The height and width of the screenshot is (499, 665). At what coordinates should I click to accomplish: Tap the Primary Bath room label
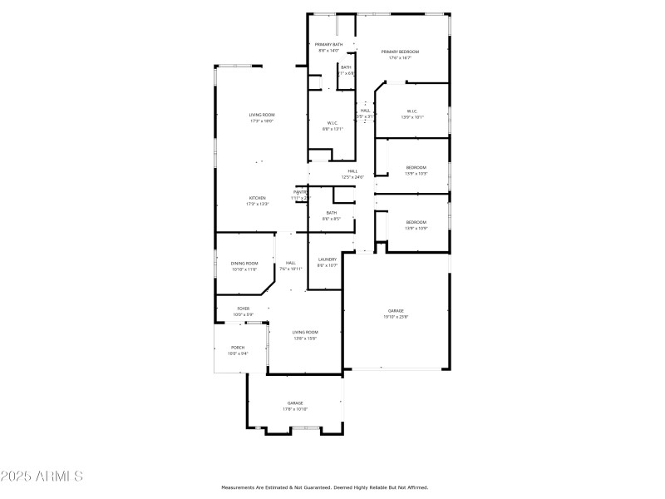point(328,44)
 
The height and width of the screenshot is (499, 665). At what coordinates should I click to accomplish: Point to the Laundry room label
point(328,259)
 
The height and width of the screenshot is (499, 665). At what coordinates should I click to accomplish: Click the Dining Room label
point(244,263)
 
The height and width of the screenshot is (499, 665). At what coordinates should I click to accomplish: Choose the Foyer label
point(244,308)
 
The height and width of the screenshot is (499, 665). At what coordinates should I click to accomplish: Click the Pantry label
point(300,192)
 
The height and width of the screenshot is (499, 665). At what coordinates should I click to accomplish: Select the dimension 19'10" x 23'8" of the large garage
point(396,317)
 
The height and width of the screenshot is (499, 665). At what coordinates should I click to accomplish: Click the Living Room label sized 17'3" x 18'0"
point(262,115)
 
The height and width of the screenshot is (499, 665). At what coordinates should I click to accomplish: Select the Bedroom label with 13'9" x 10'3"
point(416,167)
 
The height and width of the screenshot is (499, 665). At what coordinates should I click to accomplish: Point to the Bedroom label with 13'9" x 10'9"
point(416,222)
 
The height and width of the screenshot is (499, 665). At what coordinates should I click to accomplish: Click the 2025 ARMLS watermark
point(42,477)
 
